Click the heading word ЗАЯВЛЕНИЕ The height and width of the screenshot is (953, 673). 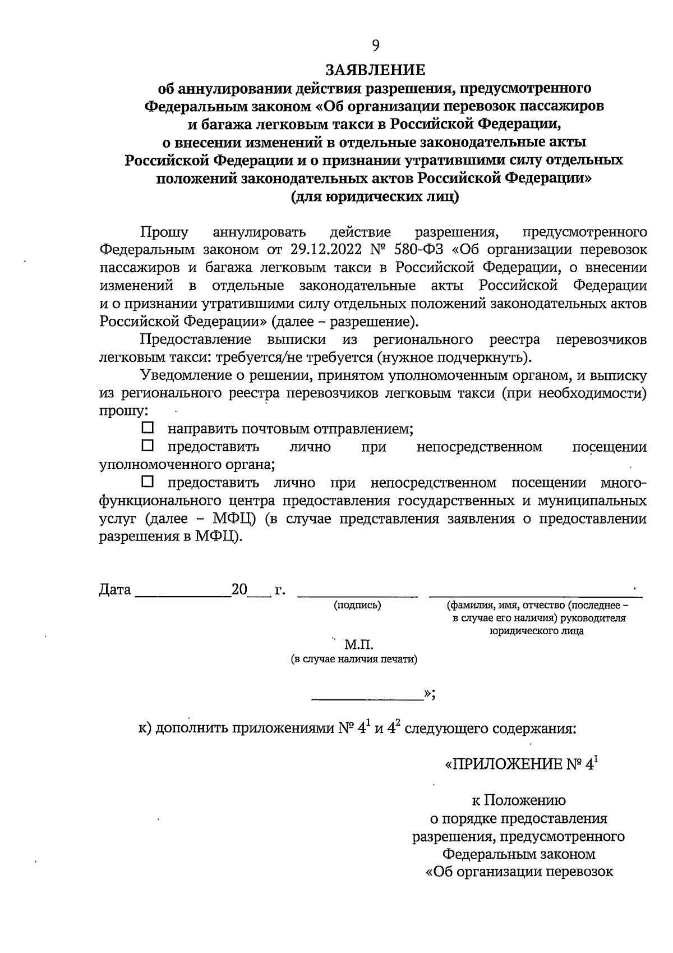pos(375,70)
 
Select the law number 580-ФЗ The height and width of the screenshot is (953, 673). pos(416,250)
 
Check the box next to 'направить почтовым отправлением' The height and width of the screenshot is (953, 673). pos(147,428)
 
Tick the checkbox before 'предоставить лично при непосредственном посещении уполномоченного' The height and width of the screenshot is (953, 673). pos(147,446)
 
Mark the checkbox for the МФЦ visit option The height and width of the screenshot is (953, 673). pos(147,482)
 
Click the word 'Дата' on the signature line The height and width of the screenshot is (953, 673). pos(115,590)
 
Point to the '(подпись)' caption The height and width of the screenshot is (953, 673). pos(357,606)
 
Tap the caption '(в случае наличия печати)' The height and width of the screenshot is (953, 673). pos(354,659)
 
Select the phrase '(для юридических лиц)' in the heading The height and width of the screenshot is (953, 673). pos(375,197)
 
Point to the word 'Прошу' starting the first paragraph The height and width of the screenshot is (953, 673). pos(164,232)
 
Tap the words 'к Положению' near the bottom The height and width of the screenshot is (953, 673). pos(519,800)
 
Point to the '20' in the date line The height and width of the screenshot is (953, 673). pos(239,590)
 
